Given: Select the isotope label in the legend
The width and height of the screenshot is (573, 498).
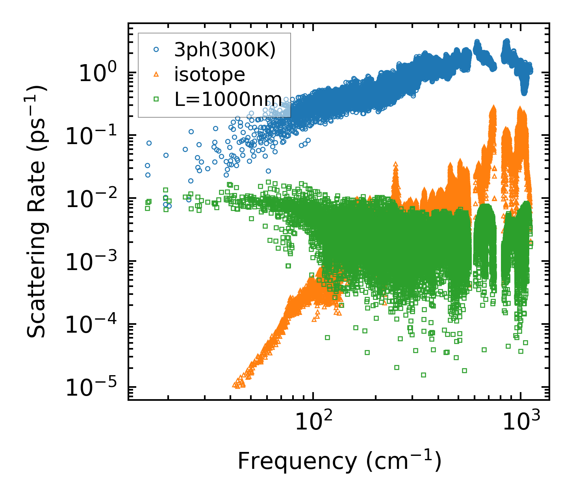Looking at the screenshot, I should coord(210,74).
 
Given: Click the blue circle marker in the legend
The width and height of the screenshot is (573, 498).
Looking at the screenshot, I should coord(156,50).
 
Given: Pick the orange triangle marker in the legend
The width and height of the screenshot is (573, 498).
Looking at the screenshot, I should coord(156,74).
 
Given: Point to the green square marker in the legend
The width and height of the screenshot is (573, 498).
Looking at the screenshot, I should coord(156,99).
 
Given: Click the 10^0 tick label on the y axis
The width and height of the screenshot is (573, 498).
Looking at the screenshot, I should coord(97,74).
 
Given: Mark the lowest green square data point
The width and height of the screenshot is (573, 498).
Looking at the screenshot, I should coord(423,375).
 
